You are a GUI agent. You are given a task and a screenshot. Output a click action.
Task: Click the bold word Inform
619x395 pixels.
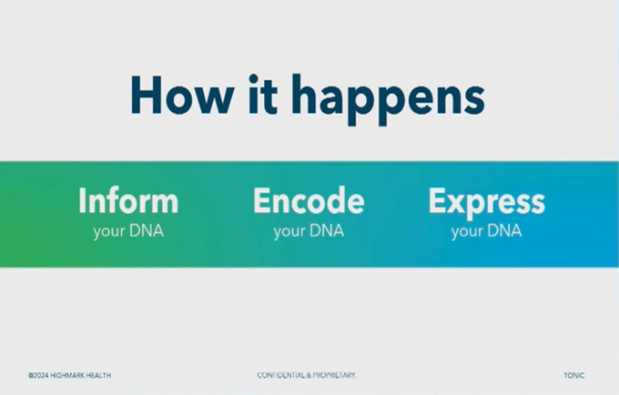(x=127, y=200)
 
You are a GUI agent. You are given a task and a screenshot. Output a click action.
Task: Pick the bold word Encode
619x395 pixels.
(x=309, y=200)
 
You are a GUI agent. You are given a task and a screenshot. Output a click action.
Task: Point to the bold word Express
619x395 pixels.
(x=486, y=201)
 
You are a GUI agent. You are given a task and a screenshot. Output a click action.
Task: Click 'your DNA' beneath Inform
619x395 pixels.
(x=127, y=231)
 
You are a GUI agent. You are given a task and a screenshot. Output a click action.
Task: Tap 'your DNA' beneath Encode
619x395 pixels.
(x=309, y=231)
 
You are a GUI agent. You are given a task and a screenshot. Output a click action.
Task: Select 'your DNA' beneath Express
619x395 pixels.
(x=486, y=231)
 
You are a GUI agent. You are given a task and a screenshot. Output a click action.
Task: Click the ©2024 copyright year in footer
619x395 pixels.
(x=38, y=375)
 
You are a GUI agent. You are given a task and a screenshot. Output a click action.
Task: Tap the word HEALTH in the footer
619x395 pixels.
(x=100, y=375)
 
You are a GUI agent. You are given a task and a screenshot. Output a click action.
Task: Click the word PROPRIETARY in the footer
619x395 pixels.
(x=336, y=375)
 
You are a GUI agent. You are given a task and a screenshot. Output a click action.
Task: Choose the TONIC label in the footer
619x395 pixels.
(x=573, y=375)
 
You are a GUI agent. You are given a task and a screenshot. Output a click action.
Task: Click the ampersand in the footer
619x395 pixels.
(x=312, y=375)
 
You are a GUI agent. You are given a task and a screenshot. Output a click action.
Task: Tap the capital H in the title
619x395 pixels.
(x=148, y=95)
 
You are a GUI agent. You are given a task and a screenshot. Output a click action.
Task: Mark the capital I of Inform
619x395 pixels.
(x=83, y=200)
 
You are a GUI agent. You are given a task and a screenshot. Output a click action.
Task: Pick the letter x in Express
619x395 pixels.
(x=453, y=201)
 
